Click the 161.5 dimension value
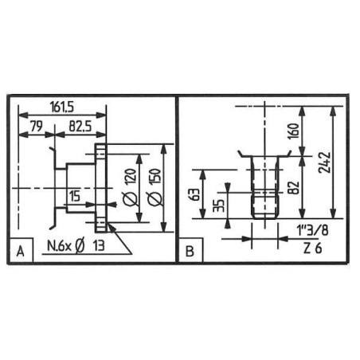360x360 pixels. [61, 107]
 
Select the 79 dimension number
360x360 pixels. [36, 126]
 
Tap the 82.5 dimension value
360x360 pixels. [80, 126]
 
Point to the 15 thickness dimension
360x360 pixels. [74, 196]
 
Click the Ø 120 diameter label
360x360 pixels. [131, 188]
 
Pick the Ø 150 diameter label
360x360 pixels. [155, 187]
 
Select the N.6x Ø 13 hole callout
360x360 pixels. [76, 246]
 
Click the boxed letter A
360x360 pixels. [21, 251]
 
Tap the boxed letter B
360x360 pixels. [190, 251]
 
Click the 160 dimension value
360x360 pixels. [293, 131]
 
